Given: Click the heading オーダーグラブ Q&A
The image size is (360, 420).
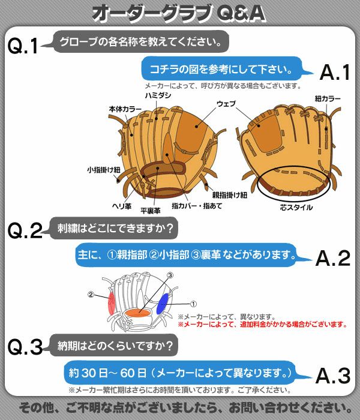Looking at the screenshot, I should point(179,13).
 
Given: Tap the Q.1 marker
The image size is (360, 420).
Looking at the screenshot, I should point(23,46).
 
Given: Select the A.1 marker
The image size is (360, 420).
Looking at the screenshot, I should point(335,73).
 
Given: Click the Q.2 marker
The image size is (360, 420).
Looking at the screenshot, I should point(24,232).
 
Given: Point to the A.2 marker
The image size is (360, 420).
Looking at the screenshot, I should point(335,258).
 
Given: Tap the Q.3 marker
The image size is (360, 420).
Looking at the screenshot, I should point(24,347).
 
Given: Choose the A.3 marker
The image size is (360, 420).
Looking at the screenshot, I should point(335,375).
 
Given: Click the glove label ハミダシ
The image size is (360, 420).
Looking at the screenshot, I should point(158,95).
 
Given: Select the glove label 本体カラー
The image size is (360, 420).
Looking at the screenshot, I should point(122,110).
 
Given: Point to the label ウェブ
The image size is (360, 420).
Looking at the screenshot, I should point(226,104).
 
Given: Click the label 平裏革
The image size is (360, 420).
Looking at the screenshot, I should point(150,211).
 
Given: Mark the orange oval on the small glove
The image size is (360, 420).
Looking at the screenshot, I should point(137,313).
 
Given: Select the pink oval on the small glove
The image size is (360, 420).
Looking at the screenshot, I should point(110,304).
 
